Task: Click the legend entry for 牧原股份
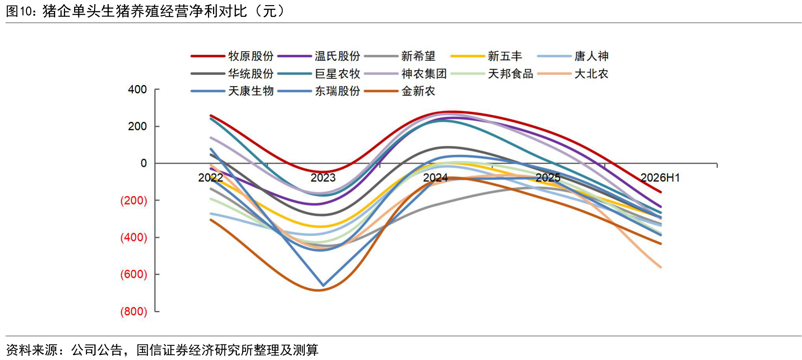coord(232,56)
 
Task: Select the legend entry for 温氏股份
coord(319,56)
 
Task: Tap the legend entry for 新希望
coord(400,56)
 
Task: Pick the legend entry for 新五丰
coord(486,56)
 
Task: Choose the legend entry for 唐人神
coord(573,56)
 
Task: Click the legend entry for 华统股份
coord(232,74)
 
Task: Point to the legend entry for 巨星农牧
coord(319,74)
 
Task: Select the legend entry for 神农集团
coord(405,74)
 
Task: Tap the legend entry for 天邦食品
coord(492,74)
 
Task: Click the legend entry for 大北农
coord(573,74)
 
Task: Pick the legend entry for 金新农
coord(400,91)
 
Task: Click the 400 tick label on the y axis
coord(137,90)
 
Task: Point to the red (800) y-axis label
coord(134,311)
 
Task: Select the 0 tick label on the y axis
coord(144,163)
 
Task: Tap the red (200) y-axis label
coord(134,201)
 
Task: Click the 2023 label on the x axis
coord(323,178)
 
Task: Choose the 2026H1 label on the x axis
coord(660,178)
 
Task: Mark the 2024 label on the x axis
coord(435,178)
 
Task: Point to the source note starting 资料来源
coord(162,349)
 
